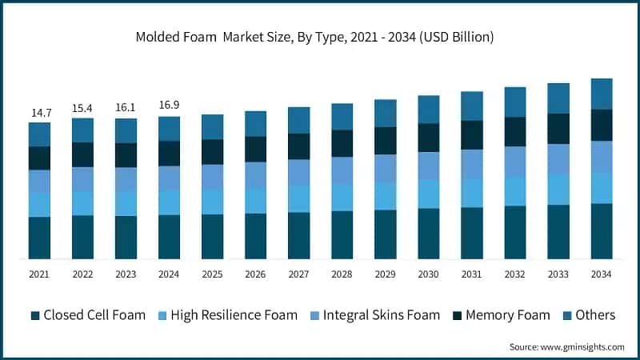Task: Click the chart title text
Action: pos(314,37)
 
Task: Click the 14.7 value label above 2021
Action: pos(39,113)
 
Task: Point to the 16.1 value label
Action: pos(126,106)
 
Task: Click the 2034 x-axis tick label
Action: pos(601,274)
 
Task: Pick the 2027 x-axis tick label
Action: pos(298,274)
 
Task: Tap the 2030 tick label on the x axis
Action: pos(428,274)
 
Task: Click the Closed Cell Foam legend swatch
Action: pos(34,315)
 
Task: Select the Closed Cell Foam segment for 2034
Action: pos(601,230)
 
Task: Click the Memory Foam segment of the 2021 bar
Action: pos(39,158)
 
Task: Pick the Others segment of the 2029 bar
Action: pos(385,113)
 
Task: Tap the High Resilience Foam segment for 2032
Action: pos(514,190)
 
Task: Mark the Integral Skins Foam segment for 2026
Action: pos(255,174)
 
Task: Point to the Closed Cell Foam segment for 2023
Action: pos(126,237)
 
